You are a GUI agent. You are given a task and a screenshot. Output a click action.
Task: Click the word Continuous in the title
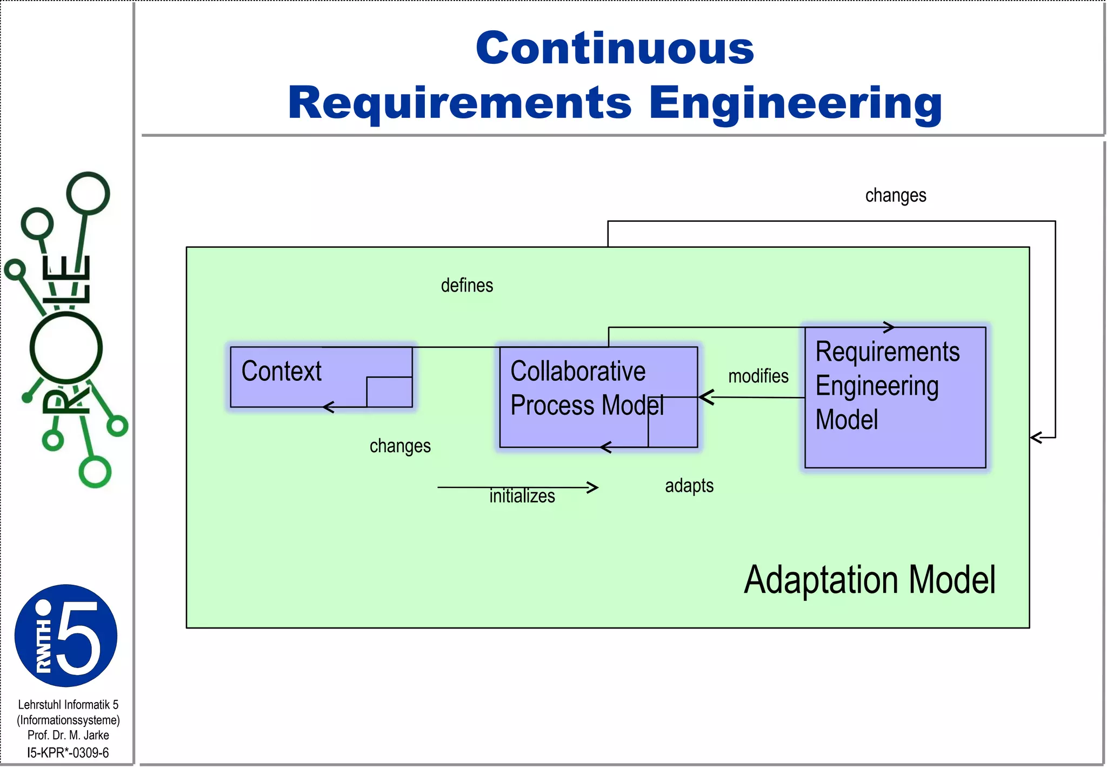(615, 48)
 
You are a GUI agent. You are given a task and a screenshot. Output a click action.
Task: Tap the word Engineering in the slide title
(796, 104)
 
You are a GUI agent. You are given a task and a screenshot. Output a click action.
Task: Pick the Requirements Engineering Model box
(895, 397)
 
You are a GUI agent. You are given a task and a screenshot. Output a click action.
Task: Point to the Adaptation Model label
(869, 580)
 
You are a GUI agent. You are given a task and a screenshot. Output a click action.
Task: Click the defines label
(467, 286)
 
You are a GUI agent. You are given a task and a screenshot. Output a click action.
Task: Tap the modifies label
(758, 376)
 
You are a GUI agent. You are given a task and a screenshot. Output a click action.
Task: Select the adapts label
(689, 486)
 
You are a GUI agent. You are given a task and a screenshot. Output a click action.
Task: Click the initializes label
(522, 496)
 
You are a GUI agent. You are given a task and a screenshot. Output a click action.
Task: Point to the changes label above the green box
(896, 195)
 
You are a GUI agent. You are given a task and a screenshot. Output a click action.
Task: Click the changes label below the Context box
(400, 446)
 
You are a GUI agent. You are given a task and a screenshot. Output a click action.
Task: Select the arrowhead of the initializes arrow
(593, 487)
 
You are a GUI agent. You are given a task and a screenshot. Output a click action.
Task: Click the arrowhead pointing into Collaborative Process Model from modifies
(705, 398)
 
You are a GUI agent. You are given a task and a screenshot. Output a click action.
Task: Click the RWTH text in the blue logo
(43, 646)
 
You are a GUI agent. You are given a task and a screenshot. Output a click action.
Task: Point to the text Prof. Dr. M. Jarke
(68, 735)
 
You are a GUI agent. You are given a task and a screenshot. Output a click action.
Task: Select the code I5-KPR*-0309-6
(68, 752)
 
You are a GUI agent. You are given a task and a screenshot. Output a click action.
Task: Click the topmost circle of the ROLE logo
(88, 193)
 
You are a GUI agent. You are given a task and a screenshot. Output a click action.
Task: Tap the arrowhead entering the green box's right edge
(1036, 437)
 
